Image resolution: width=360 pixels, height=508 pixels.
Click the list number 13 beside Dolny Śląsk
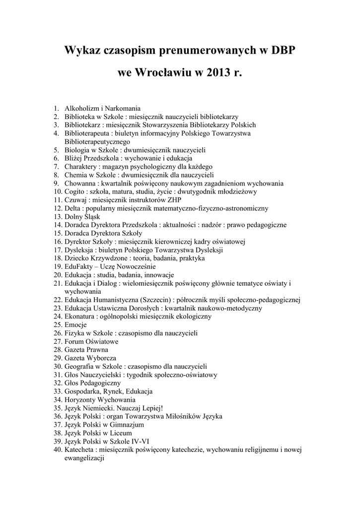coord(57,216)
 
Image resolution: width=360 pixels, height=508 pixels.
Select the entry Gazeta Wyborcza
coord(90,358)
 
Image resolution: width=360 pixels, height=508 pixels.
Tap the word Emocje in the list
coord(75,324)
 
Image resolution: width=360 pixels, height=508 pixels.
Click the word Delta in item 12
coord(72,208)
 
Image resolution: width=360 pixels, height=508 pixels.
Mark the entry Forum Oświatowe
coord(91,341)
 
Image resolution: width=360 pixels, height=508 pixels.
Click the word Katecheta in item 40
coord(79,450)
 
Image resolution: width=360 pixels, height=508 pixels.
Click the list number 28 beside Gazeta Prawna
coord(57,350)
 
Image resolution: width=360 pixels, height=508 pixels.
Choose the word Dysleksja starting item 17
coord(78,250)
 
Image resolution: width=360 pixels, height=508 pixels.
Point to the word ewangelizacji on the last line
coord(83,458)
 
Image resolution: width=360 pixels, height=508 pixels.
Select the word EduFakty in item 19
coord(78,266)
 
